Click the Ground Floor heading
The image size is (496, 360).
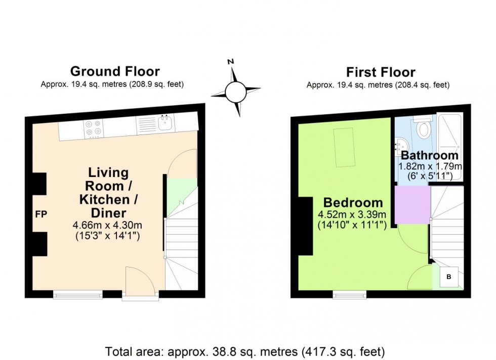click(115, 71)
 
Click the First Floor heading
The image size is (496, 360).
click(381, 72)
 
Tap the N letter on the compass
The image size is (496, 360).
click(230, 62)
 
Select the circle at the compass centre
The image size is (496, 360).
click(235, 93)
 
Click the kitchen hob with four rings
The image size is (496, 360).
click(93, 128)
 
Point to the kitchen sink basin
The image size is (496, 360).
click(165, 123)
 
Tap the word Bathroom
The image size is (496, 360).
click(430, 156)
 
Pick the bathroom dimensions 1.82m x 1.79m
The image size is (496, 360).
click(430, 166)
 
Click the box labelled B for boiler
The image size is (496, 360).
click(448, 277)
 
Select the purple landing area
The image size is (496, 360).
click(412, 204)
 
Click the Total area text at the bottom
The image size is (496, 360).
click(245, 350)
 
